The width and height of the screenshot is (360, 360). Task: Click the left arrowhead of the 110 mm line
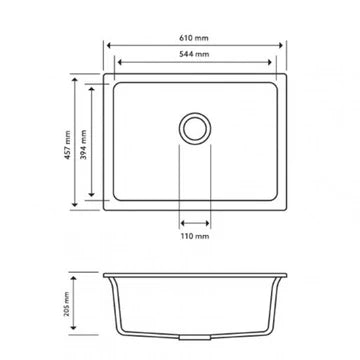click(182, 224)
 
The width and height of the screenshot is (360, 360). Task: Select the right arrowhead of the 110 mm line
click(212, 224)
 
